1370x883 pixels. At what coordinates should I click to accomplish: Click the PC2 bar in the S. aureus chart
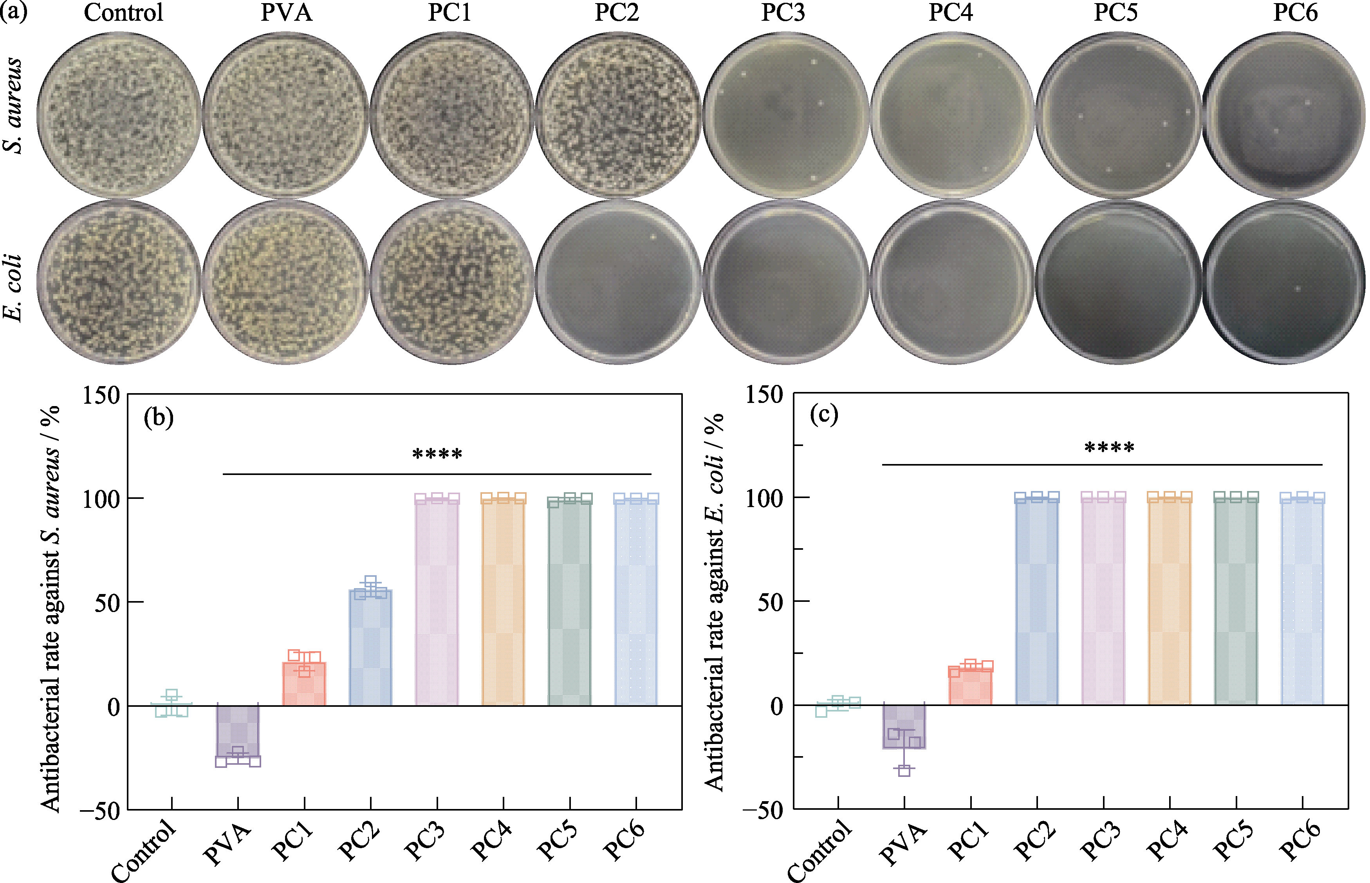[370, 648]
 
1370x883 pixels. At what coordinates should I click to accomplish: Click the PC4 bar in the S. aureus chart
[503, 602]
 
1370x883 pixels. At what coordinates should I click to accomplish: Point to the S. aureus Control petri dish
[119, 115]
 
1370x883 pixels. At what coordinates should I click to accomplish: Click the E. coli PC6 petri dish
[1284, 282]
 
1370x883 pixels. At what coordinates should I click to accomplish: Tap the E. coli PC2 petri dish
[618, 282]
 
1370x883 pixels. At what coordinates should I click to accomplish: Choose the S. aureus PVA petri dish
[285, 115]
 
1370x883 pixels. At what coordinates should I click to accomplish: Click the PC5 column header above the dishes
[1115, 13]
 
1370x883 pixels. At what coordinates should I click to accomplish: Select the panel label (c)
[824, 414]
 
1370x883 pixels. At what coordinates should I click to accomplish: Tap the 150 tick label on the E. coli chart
[764, 395]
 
